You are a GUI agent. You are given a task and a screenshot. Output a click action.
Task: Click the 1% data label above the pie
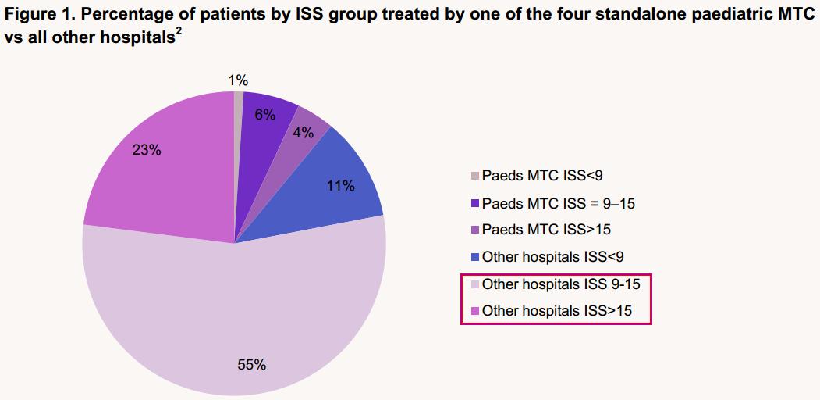pos(238,80)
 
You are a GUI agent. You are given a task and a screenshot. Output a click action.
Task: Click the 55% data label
pos(252,364)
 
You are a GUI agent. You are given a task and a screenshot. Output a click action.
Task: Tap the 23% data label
pos(147,150)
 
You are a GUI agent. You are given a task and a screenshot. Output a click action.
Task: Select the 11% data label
pos(340,186)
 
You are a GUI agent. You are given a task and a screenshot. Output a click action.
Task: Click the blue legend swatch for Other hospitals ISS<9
pos(475,256)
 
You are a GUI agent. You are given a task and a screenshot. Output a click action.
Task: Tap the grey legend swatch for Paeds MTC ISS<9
pos(475,176)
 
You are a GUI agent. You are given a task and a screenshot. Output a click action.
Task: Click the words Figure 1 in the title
pos(36,15)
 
